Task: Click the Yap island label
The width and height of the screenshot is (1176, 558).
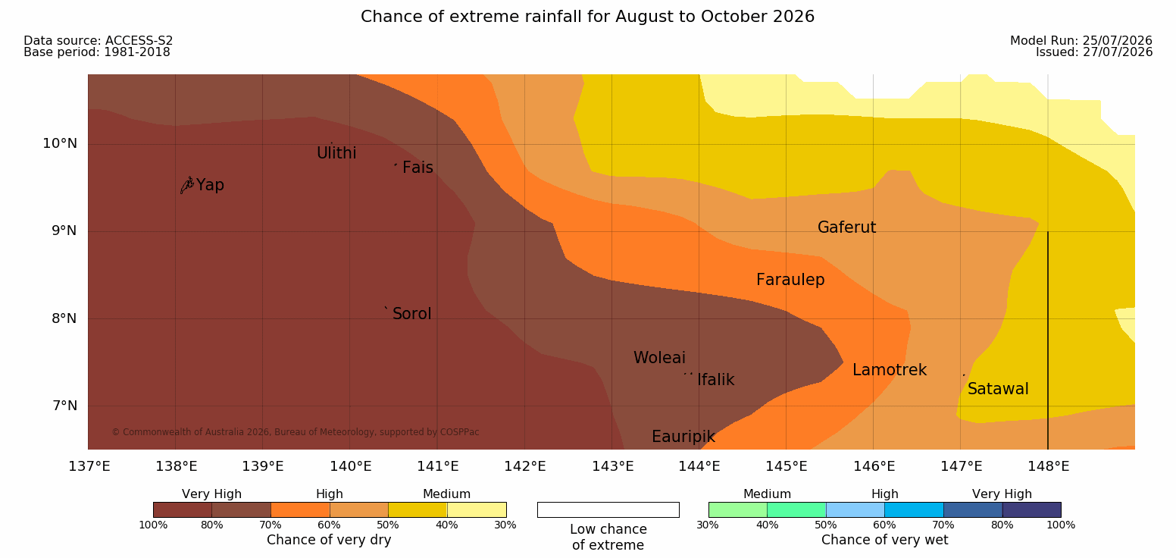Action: (210, 186)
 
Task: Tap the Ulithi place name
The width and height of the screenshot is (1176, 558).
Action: (336, 153)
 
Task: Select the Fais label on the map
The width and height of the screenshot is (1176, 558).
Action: (418, 168)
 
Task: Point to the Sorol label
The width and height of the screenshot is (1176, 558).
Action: (412, 314)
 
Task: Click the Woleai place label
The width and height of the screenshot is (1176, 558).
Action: (659, 358)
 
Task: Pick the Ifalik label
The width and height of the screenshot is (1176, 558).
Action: (715, 380)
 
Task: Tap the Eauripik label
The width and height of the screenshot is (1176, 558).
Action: (683, 437)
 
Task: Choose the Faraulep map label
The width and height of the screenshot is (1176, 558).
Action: (790, 280)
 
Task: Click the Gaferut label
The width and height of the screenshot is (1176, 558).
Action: (847, 227)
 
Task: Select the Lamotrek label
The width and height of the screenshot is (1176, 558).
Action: (890, 370)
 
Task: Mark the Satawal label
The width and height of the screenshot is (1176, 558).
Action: (998, 389)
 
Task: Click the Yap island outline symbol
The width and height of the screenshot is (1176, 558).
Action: (187, 185)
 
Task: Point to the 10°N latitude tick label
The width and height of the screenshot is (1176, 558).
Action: (60, 143)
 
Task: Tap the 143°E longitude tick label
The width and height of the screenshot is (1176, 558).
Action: (613, 466)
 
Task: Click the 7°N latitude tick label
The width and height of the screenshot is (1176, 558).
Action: (64, 406)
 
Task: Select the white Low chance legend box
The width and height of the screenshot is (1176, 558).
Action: (608, 509)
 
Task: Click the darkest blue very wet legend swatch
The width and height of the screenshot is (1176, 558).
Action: (1031, 509)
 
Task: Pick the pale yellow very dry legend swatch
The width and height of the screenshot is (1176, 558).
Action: (477, 509)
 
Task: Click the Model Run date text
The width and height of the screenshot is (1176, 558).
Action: (1081, 41)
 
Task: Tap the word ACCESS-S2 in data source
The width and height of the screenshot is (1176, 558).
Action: (139, 41)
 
